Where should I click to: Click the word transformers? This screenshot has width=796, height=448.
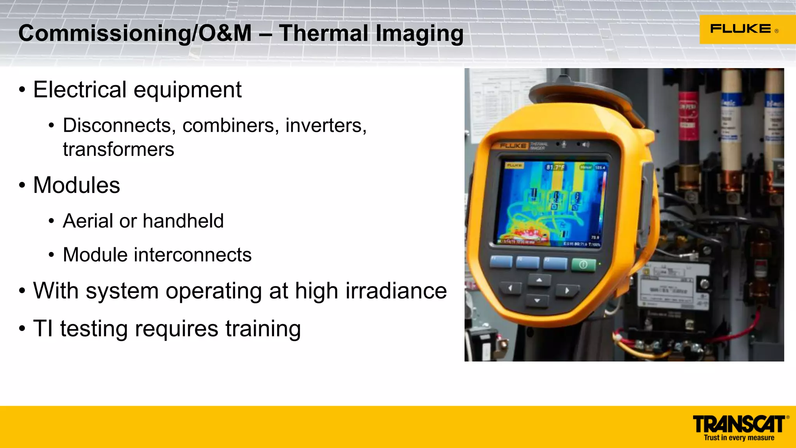119,149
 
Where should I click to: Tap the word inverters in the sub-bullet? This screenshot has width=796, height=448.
326,125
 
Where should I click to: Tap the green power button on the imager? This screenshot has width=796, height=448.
583,265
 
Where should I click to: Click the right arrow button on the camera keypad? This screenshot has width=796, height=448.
567,290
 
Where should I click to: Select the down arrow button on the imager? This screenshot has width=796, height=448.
537,301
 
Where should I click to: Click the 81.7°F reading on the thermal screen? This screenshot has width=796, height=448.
555,168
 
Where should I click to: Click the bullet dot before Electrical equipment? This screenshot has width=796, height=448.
22,90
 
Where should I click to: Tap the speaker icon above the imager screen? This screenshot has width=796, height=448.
586,145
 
